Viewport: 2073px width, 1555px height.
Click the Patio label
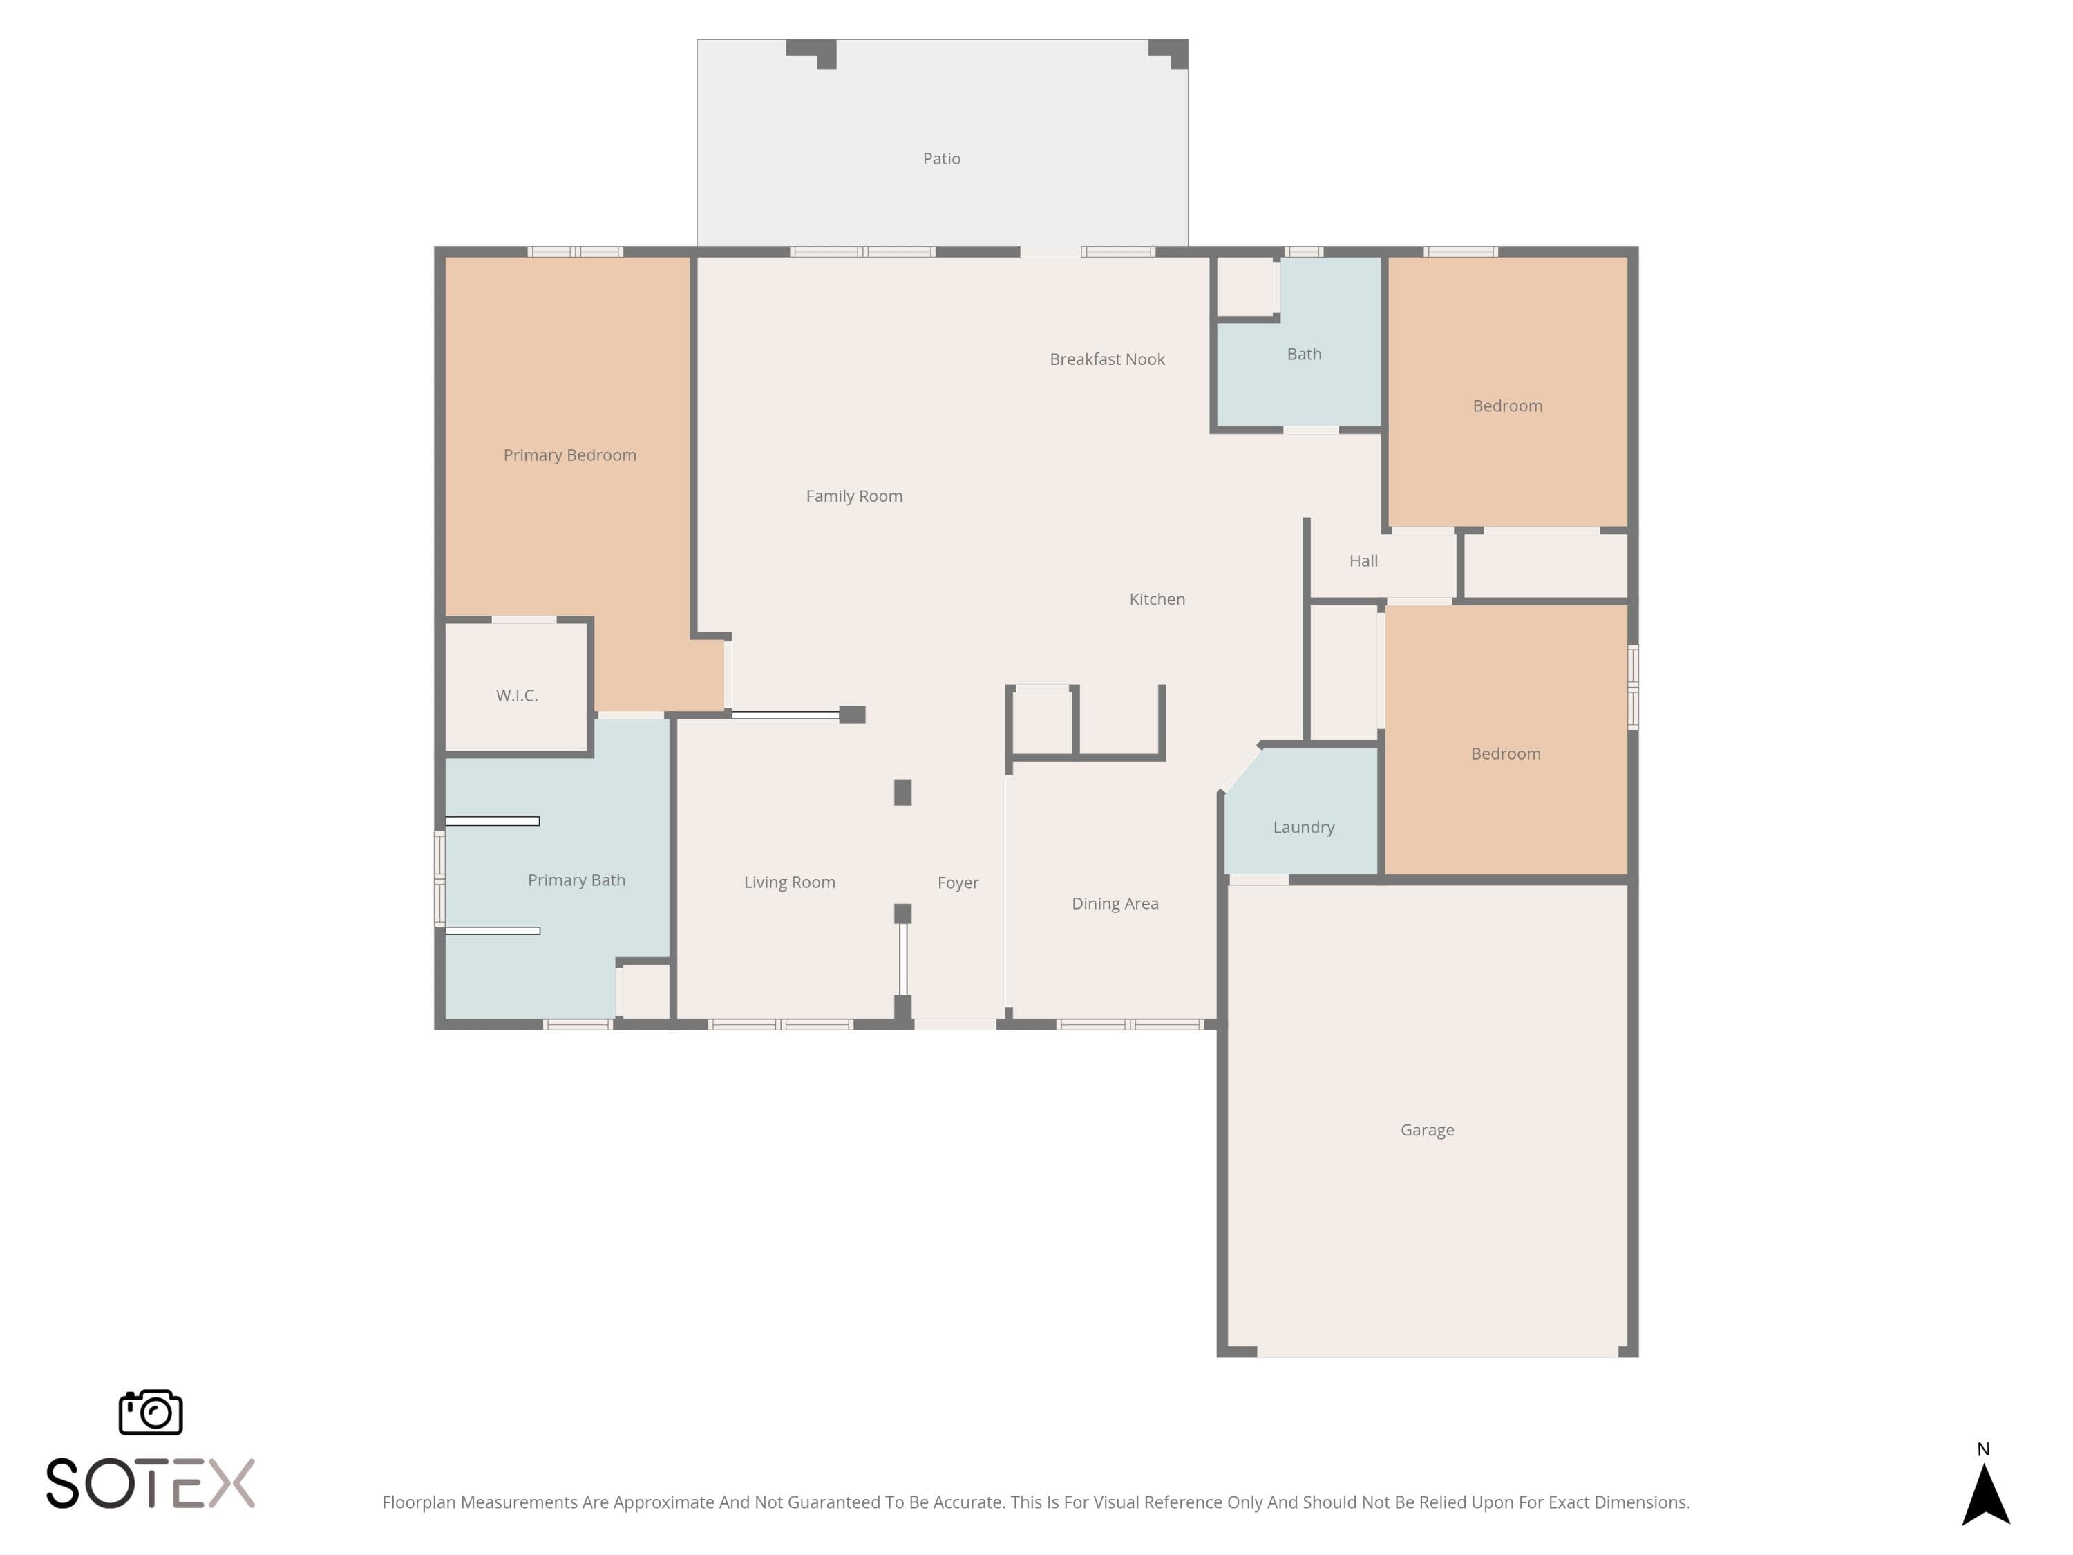941,158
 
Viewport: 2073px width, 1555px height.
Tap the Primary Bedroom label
570,455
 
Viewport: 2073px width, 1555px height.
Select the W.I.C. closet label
516,695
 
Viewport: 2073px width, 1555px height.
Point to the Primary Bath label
576,880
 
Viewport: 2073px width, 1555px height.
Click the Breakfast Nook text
1107,359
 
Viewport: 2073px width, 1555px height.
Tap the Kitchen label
1157,599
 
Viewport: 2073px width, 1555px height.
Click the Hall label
1363,560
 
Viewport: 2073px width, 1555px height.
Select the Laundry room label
1304,828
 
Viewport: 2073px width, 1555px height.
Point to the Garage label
1428,1131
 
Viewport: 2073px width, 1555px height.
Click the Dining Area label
1115,903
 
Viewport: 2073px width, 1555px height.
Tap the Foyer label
958,883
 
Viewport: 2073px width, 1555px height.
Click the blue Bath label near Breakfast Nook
1304,355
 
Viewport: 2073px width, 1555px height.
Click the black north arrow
1986,1495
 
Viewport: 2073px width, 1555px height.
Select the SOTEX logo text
151,1483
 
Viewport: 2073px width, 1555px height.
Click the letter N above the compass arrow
1983,1449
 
